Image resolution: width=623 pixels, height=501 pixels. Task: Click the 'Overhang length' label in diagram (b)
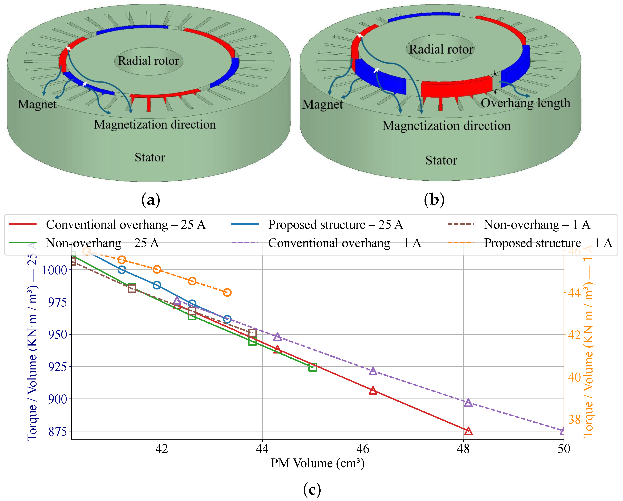(525, 103)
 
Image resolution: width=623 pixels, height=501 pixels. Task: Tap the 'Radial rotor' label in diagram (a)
(148, 61)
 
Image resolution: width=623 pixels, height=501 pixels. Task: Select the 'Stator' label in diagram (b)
(441, 160)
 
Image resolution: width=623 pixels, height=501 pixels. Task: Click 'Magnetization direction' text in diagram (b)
(446, 126)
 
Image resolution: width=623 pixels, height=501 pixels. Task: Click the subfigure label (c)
(312, 489)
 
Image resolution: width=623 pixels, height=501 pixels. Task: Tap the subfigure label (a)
(150, 199)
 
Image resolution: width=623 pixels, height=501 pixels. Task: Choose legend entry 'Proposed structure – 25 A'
(335, 225)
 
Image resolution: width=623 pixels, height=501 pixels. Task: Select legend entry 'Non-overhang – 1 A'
(537, 225)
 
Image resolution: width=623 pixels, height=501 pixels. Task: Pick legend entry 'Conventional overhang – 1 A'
(344, 243)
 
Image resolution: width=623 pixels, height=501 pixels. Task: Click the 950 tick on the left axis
(58, 334)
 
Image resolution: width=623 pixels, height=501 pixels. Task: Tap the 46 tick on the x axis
(363, 449)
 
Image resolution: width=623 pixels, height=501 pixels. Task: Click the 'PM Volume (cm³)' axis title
(317, 463)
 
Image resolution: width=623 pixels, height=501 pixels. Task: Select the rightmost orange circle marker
(227, 292)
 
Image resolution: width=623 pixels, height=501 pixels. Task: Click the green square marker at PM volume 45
(312, 367)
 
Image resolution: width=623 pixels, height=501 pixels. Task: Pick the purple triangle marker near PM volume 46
(373, 371)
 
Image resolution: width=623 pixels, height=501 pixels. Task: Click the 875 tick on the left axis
(58, 431)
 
